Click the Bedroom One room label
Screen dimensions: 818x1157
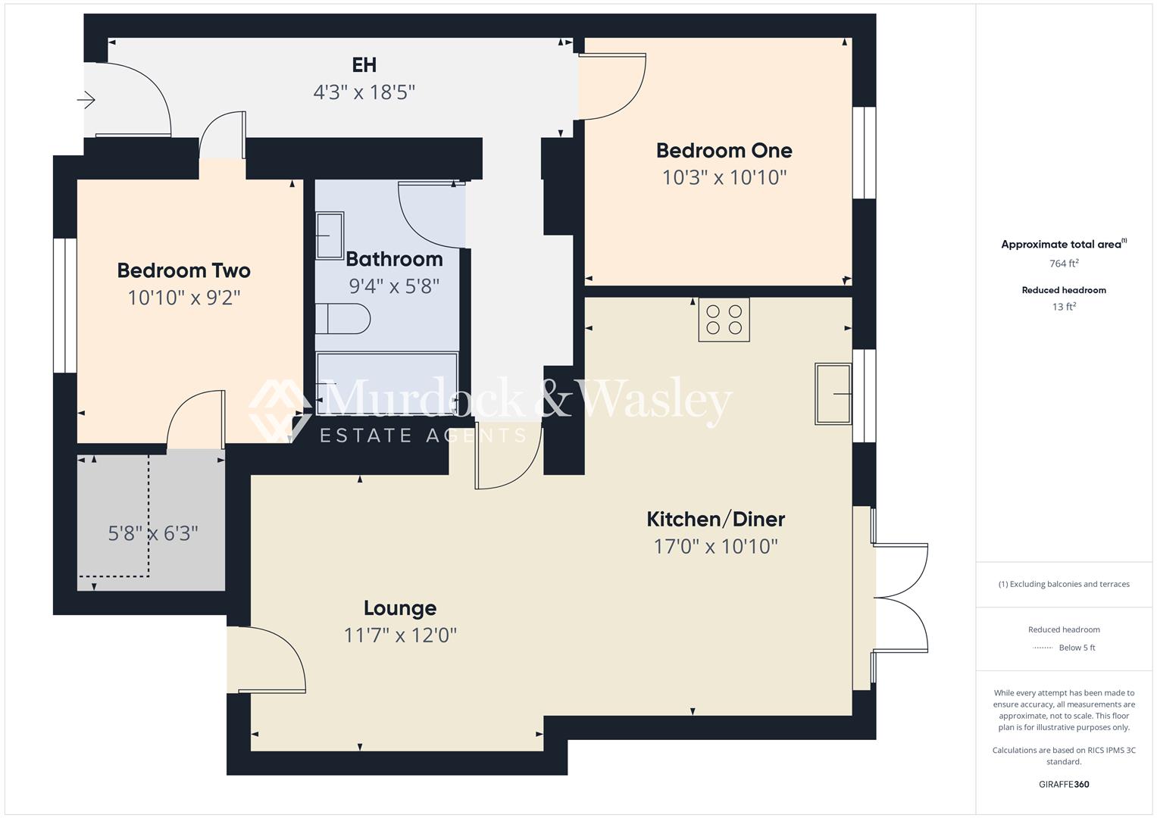[724, 151]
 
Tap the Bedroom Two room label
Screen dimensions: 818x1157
[183, 270]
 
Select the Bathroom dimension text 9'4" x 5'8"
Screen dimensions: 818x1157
[394, 286]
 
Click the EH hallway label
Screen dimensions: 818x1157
[364, 65]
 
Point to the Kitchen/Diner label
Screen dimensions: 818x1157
[715, 520]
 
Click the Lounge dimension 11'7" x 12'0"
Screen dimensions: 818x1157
[400, 635]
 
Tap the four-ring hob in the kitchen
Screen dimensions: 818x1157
[724, 319]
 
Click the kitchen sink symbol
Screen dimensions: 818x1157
[833, 393]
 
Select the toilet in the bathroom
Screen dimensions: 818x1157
[342, 319]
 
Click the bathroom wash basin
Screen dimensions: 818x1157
[330, 236]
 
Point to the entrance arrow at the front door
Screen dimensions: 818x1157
[86, 99]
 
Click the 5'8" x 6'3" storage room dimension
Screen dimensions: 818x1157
[153, 533]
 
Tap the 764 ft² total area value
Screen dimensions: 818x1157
[1064, 264]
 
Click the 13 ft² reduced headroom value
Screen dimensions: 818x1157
[1064, 307]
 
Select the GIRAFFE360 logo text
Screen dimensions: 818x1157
[1064, 784]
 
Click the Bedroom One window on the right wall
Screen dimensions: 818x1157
[864, 153]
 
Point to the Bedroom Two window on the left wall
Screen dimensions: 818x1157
[65, 305]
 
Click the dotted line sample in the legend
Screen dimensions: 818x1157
[1043, 648]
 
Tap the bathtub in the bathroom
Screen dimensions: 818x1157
[387, 383]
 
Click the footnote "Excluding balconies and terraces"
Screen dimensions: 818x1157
[1064, 584]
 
